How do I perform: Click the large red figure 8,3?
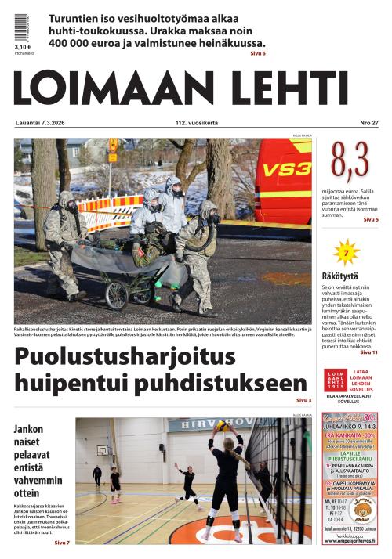[350, 161]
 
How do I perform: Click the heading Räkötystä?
[339, 276]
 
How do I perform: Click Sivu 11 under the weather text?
[369, 352]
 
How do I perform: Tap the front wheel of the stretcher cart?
[118, 295]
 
